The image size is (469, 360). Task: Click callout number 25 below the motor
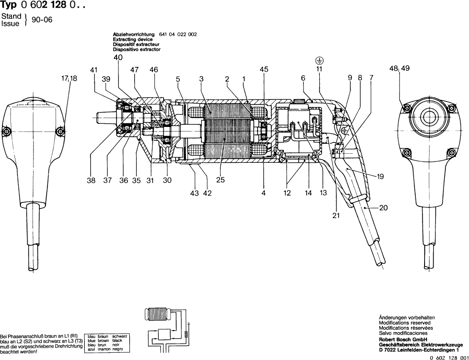coord(220,180)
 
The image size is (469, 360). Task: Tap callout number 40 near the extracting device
coord(118,58)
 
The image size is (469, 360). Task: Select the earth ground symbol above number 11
coord(319,60)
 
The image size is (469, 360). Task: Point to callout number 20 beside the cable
coord(383,208)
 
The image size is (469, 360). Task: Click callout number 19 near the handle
coord(380,177)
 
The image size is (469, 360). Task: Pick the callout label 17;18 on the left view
coord(69,78)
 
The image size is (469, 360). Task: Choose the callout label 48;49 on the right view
coord(399,68)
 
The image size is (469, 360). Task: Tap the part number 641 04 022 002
coord(178,34)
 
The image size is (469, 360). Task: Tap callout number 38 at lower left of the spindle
coord(91,180)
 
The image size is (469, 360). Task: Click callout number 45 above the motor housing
coord(264,69)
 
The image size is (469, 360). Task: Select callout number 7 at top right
coord(371,78)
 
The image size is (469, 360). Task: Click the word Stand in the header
coord(11,16)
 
